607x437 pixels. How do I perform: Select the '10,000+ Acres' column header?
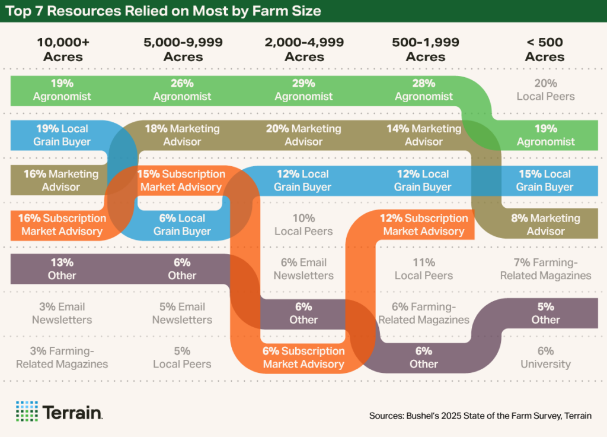(x=62, y=50)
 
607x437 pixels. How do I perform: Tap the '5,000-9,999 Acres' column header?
(x=183, y=50)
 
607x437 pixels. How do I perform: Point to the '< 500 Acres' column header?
(x=545, y=50)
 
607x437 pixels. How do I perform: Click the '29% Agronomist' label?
(x=303, y=90)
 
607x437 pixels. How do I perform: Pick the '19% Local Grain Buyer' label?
(x=62, y=135)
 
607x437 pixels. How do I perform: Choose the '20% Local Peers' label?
(x=545, y=90)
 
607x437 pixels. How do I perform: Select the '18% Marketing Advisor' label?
(x=182, y=135)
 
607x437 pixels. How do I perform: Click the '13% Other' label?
(x=62, y=269)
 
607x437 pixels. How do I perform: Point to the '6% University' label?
(x=545, y=357)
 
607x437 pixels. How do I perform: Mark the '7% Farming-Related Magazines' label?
(x=545, y=269)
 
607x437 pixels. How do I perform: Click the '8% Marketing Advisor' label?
(x=545, y=224)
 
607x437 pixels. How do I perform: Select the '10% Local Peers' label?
(x=303, y=224)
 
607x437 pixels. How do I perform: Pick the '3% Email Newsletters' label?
(x=62, y=313)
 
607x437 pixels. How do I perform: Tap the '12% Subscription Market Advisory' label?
(x=424, y=224)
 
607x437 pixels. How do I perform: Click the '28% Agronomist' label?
(x=424, y=90)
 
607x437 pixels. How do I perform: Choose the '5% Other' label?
(x=545, y=313)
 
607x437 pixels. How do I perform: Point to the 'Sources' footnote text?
(x=480, y=416)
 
